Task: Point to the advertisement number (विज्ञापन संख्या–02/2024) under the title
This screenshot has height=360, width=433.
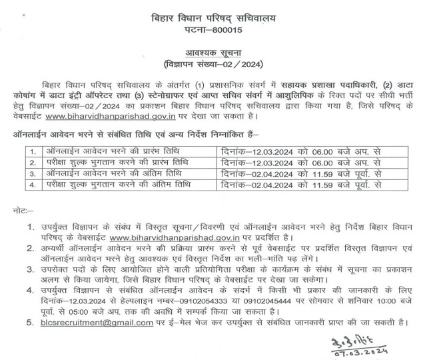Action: point(217,65)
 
